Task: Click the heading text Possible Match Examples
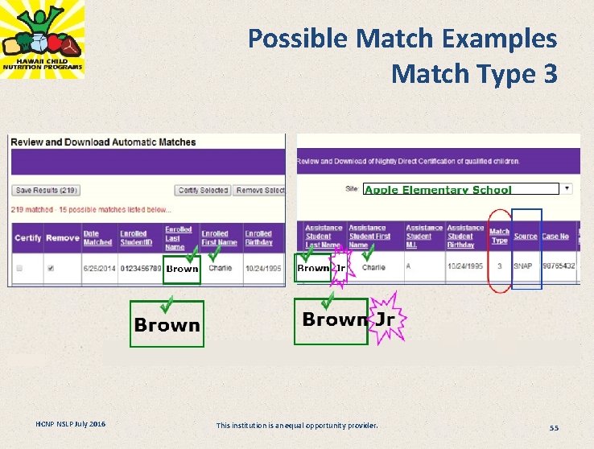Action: [x=402, y=38]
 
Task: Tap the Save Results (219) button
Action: [x=47, y=191]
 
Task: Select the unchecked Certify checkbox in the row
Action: [x=20, y=268]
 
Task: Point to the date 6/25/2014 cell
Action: [x=97, y=268]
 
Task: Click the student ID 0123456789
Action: [x=141, y=268]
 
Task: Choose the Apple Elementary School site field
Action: [x=460, y=190]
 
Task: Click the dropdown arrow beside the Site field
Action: [x=567, y=189]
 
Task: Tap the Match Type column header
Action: [x=499, y=236]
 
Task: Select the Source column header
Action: [x=525, y=237]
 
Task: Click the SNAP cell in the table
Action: [x=523, y=266]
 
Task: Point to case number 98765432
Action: [x=559, y=266]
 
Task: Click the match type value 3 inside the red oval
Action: [x=499, y=266]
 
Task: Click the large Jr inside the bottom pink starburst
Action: [x=386, y=319]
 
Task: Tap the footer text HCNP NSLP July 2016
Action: [x=70, y=424]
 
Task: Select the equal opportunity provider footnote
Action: [x=296, y=425]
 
